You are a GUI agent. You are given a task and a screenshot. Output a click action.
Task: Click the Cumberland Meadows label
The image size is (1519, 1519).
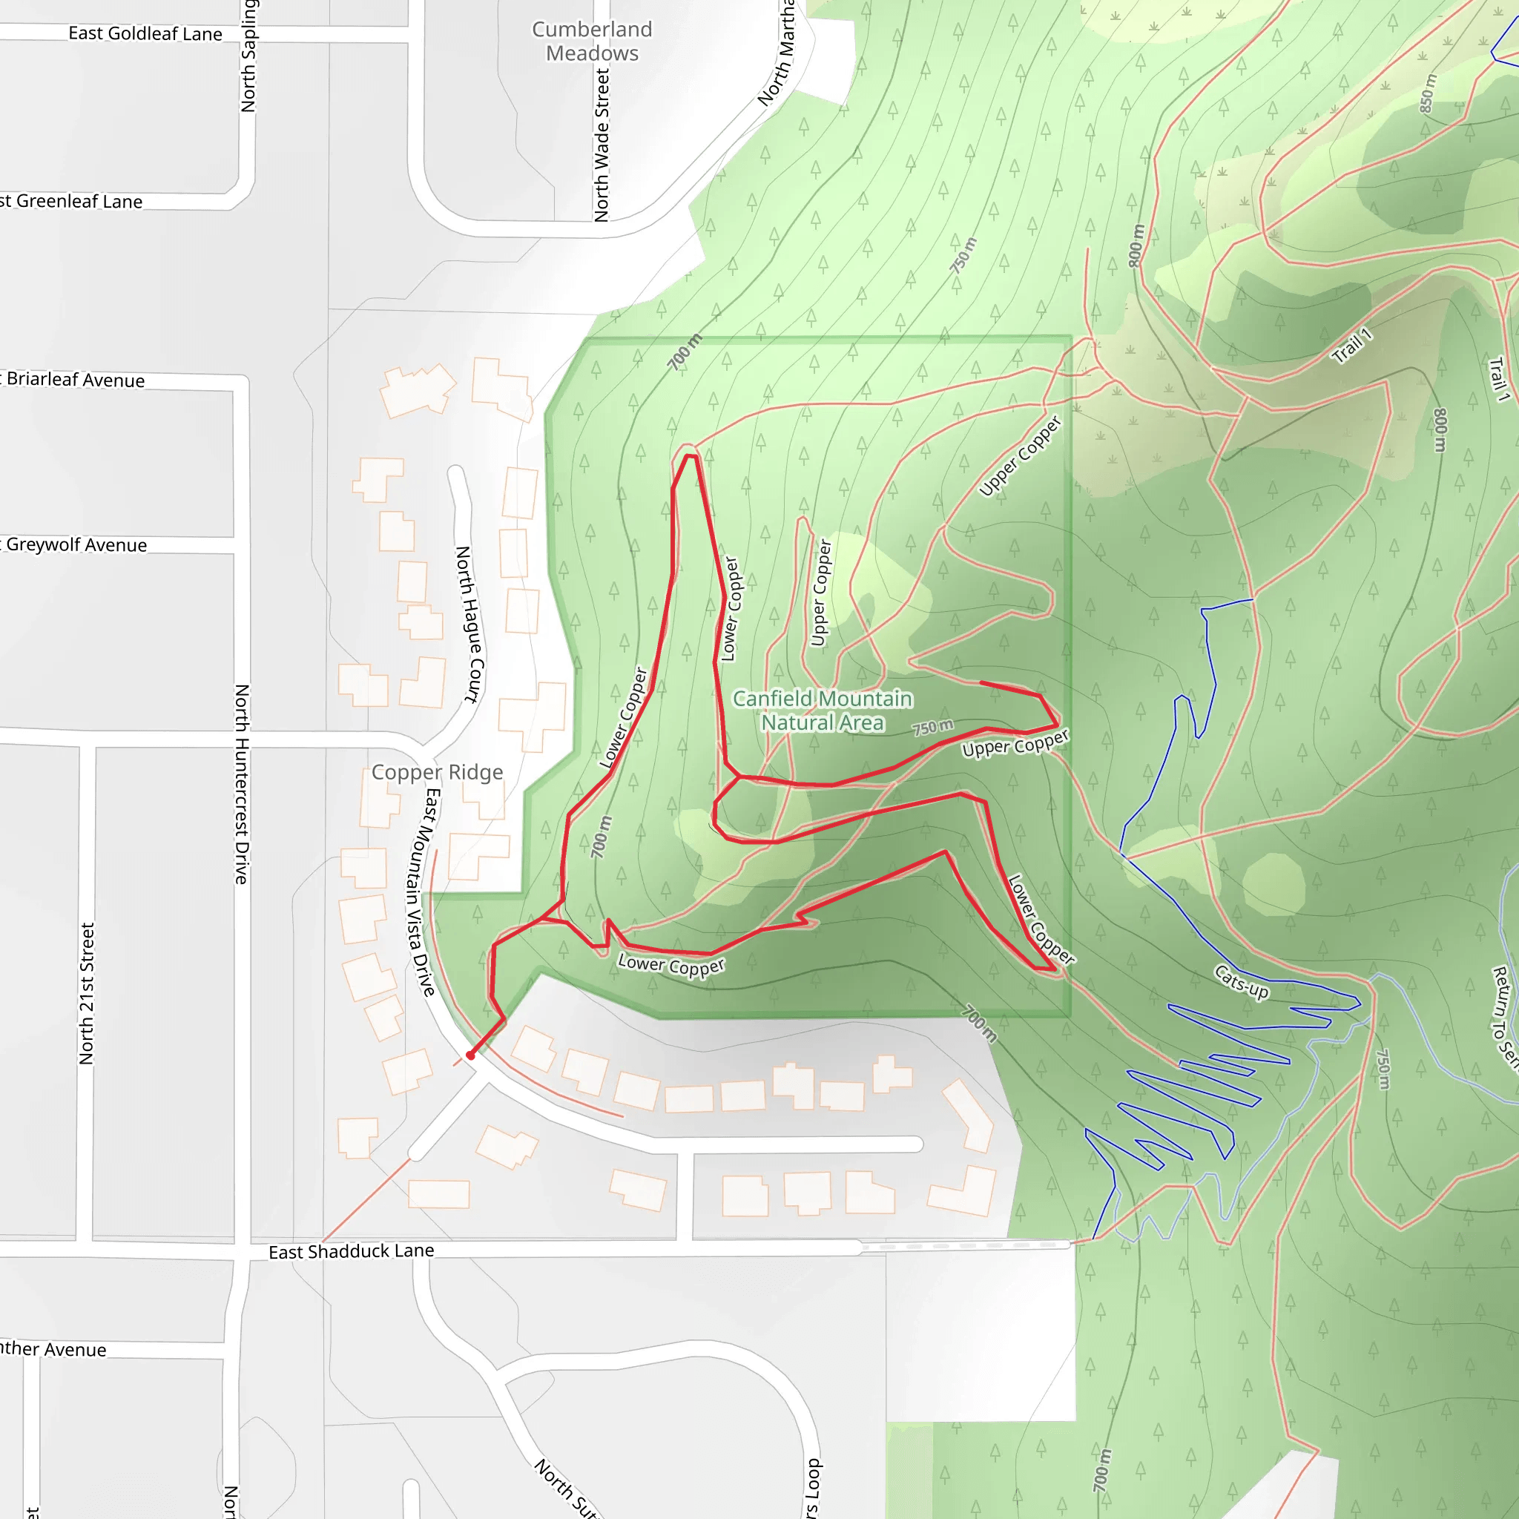[592, 41]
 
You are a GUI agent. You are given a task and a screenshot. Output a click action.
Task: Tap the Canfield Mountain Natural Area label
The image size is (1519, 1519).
[823, 710]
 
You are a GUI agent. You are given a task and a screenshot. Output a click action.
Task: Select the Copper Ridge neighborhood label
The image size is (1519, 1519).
[437, 772]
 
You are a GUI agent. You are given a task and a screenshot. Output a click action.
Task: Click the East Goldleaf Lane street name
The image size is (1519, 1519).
[145, 33]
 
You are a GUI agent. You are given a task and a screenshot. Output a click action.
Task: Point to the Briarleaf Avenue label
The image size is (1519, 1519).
[76, 380]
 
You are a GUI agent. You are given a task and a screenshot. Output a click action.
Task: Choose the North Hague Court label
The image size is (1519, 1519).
[470, 625]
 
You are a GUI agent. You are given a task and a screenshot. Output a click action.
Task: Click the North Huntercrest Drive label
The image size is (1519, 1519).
[241, 784]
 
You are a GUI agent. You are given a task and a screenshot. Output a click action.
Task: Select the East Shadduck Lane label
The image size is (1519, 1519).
[352, 1251]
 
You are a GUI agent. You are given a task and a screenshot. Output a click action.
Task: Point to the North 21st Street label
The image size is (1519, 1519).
[87, 994]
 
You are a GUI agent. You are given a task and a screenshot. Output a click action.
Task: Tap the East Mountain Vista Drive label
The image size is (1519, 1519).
[421, 892]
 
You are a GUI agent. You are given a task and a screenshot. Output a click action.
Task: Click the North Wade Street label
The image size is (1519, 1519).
[602, 145]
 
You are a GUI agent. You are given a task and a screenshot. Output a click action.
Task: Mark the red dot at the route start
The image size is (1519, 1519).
[470, 1055]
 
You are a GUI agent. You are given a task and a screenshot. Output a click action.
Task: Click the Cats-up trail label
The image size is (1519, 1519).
[1242, 982]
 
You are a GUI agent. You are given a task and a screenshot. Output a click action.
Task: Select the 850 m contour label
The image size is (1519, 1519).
[1427, 93]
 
